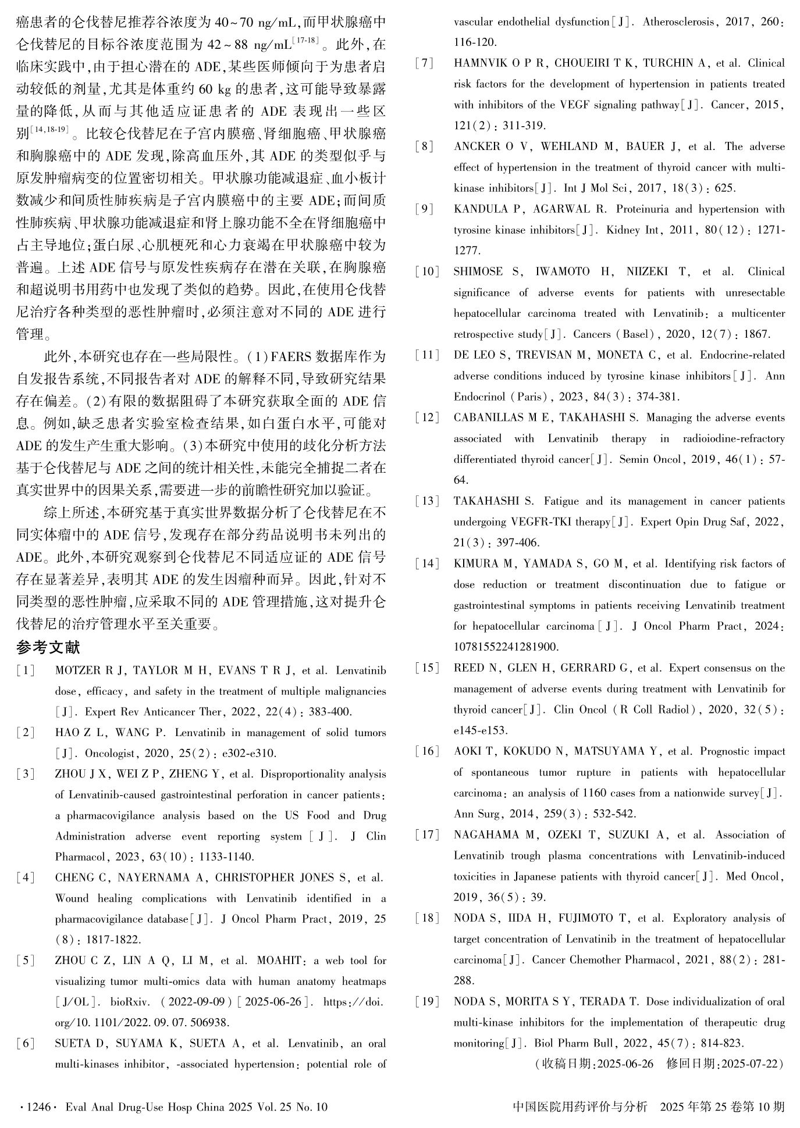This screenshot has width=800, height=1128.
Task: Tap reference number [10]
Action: pyautogui.click(x=428, y=272)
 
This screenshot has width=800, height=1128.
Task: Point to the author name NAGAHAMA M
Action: pyautogui.click(x=494, y=835)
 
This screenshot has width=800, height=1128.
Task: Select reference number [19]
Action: pyautogui.click(x=428, y=1002)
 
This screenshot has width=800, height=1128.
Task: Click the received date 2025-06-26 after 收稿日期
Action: pyautogui.click(x=625, y=1064)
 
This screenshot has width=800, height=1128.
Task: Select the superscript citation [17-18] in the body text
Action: pyautogui.click(x=306, y=39)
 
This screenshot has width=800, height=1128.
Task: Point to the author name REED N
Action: pyautogui.click(x=477, y=668)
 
